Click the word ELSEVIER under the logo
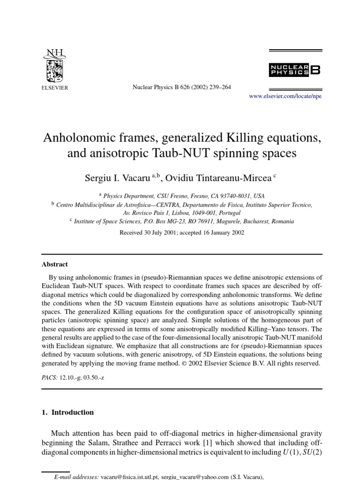55,88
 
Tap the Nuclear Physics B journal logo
295,70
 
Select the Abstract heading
55,264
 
